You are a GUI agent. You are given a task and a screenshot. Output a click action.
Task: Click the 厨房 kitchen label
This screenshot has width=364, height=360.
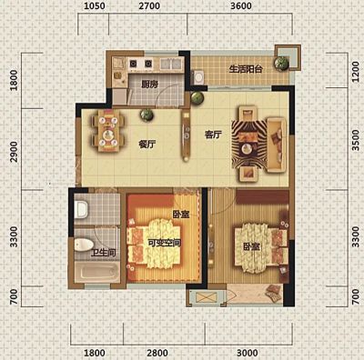point(150,84)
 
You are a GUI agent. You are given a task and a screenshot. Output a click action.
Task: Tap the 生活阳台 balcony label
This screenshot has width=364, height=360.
point(246,69)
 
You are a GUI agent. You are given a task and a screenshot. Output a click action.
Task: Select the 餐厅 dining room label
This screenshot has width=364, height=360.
point(147,145)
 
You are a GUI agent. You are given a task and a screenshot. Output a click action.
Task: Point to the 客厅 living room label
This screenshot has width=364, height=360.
point(213,135)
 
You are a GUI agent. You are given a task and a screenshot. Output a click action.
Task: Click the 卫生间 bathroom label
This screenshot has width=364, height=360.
point(104,253)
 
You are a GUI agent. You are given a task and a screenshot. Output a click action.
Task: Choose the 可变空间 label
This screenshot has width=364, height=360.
point(165,243)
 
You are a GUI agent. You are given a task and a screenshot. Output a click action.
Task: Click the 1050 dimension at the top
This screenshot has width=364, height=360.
point(95,5)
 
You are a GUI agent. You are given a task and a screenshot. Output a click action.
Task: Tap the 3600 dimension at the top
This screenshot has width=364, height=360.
point(241,5)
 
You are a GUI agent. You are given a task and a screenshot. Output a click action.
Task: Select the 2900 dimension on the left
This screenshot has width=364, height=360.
point(14,151)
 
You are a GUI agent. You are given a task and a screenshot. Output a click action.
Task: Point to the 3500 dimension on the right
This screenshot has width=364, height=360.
point(356,140)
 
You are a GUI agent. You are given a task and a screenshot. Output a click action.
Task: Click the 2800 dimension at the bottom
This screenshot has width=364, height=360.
point(157,353)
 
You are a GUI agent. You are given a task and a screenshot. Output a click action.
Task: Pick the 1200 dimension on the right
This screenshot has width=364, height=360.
point(356,72)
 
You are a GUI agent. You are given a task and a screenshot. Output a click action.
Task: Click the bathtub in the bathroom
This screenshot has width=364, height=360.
point(97,271)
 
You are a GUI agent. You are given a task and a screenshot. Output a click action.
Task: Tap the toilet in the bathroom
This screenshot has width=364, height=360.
point(84,245)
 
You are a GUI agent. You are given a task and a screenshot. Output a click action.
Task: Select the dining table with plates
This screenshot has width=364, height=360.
point(108,131)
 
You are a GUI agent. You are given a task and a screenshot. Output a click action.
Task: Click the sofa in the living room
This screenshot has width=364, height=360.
point(277,145)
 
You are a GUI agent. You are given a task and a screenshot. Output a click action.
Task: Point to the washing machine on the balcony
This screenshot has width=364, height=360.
point(198,77)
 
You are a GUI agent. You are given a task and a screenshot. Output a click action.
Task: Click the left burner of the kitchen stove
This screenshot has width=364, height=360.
point(133,64)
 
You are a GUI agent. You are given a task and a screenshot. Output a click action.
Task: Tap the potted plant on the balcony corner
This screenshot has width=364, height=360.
point(281,64)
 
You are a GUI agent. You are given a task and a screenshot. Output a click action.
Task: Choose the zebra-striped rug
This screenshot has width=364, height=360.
point(249,144)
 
